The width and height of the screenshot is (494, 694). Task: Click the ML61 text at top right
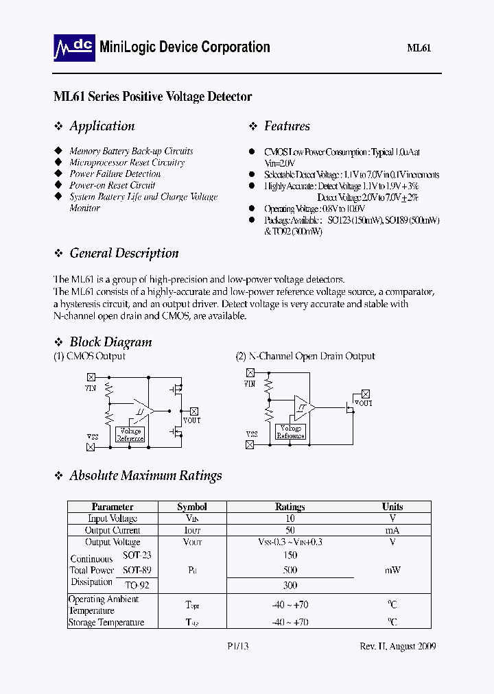[419, 48]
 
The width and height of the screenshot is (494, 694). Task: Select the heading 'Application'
[102, 126]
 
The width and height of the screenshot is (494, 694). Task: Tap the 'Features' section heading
[287, 126]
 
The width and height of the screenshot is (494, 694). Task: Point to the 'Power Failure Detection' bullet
[115, 174]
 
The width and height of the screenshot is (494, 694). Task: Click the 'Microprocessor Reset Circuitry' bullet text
[127, 163]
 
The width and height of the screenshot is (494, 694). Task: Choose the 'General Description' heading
[123, 253]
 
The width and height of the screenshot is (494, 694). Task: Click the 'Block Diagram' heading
[110, 342]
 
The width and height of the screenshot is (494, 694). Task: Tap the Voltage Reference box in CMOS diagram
[130, 435]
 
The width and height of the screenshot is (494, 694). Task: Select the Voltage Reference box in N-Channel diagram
[290, 432]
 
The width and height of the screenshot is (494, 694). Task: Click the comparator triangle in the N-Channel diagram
[303, 407]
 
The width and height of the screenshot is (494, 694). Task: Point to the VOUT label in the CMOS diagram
[191, 420]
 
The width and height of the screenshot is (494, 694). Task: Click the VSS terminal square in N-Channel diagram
[250, 444]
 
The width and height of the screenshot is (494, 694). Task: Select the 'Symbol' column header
[191, 507]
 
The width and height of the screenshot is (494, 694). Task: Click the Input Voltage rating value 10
[290, 518]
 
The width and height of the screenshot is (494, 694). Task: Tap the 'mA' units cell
[392, 530]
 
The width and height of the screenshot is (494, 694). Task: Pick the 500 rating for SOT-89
[290, 570]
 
